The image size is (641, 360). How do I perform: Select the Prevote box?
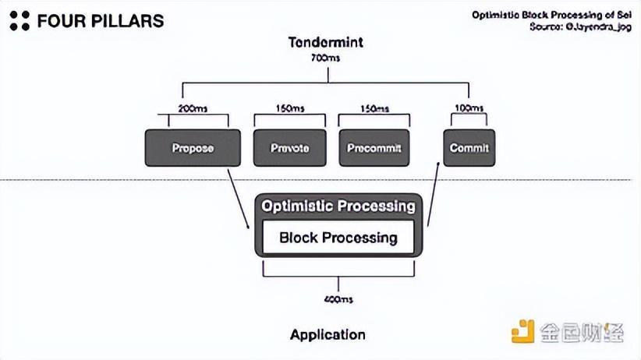pyautogui.click(x=289, y=147)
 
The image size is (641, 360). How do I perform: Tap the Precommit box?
pyautogui.click(x=374, y=147)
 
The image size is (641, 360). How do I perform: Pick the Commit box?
pyautogui.click(x=469, y=147)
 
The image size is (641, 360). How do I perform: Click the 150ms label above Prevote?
pyautogui.click(x=289, y=108)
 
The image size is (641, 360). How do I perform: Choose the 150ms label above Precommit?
pyautogui.click(x=374, y=108)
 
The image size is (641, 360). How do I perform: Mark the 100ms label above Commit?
pyautogui.click(x=469, y=108)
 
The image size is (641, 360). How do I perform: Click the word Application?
pyautogui.click(x=328, y=335)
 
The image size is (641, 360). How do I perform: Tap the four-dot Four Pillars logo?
pyautogui.click(x=20, y=21)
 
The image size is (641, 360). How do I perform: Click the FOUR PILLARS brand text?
pyautogui.click(x=101, y=21)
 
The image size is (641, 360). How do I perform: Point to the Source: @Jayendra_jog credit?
pyautogui.click(x=579, y=26)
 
